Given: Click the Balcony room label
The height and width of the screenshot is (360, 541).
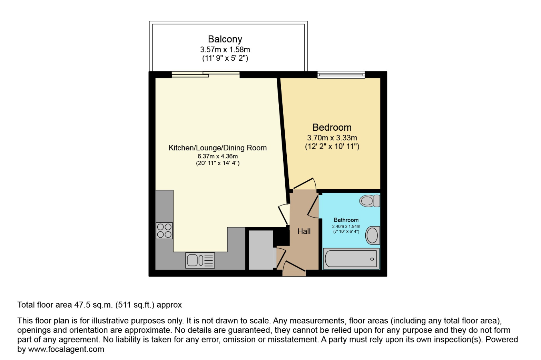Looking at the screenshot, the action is (225, 39).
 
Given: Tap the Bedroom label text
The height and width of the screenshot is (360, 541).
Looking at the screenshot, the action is (332, 127).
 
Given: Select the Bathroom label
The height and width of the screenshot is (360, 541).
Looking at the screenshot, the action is (346, 220).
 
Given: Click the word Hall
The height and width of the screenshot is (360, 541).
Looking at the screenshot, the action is (304, 231).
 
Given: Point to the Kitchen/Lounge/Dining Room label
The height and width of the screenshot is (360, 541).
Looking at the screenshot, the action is (217, 148).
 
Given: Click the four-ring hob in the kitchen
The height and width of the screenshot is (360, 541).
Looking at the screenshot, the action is (164, 231).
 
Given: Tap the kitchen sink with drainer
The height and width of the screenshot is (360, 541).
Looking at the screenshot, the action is (200, 260).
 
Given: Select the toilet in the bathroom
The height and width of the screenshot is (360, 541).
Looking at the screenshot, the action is (370, 201).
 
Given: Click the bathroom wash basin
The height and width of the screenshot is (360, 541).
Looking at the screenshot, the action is (372, 235).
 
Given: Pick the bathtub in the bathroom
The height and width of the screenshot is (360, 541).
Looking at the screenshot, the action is (351, 259).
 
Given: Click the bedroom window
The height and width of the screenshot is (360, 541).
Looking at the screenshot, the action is (341, 75).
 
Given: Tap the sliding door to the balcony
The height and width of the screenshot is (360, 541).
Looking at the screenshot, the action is (206, 74).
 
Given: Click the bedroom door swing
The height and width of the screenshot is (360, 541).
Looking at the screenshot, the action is (305, 184).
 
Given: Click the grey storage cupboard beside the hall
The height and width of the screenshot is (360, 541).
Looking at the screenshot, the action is (261, 250).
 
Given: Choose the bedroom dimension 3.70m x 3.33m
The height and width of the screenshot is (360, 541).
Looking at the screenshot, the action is (332, 138).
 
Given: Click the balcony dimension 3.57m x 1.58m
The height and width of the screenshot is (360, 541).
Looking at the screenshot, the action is (225, 50).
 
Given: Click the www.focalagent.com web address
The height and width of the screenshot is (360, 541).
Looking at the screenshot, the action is (66, 349).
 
